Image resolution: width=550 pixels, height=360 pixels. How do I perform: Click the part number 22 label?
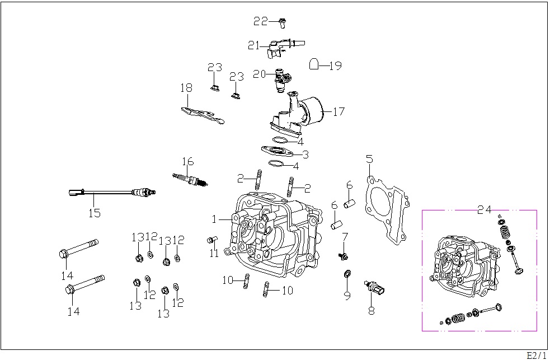point(261,21)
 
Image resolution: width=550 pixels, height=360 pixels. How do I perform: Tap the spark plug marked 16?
point(190,180)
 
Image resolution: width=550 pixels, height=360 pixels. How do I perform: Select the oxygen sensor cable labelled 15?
point(112,192)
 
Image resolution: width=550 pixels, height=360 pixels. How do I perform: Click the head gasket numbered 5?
point(387,209)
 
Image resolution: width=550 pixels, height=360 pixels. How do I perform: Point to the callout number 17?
point(339,111)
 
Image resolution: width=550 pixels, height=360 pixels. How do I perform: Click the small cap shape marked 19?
point(314,64)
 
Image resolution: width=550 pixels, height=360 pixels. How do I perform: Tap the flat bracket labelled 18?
point(203,115)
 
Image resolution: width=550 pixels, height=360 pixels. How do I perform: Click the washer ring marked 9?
point(347,273)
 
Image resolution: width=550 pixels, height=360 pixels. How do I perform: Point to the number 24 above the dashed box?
point(485,209)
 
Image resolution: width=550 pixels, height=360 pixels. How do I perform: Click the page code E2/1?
point(537,355)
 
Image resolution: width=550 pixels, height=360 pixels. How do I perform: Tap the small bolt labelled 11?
point(212,240)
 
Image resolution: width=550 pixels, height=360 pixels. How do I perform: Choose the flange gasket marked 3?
point(277,151)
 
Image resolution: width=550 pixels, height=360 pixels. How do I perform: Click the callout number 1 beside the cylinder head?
point(214,219)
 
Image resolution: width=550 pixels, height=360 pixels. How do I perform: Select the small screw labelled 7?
point(343,256)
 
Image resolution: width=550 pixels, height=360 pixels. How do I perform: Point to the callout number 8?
point(372,311)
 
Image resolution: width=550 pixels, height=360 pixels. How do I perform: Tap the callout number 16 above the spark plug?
point(187,161)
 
